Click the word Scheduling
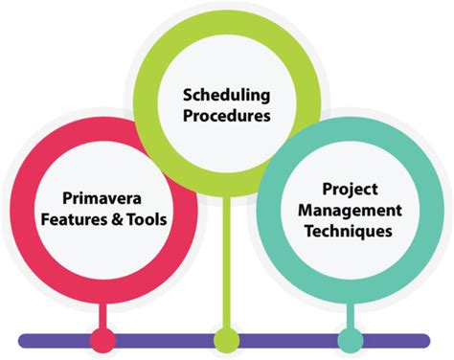[226, 96]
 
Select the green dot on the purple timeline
[227, 339]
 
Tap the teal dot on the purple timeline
[352, 339]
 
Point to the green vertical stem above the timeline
[227, 259]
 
